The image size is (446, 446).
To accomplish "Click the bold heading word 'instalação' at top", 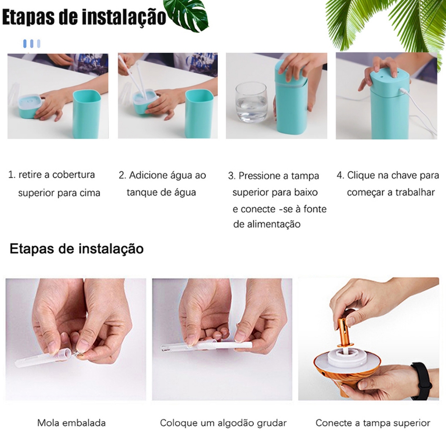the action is (124, 17).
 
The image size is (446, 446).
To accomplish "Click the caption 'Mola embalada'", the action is (71, 423).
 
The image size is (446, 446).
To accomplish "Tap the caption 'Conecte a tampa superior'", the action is (373, 423).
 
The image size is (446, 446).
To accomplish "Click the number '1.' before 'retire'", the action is (12, 175).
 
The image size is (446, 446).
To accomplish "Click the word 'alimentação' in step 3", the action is (274, 224).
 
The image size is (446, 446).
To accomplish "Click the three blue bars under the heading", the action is (31, 44).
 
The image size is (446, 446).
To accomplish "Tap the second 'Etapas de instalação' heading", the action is (77, 249).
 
